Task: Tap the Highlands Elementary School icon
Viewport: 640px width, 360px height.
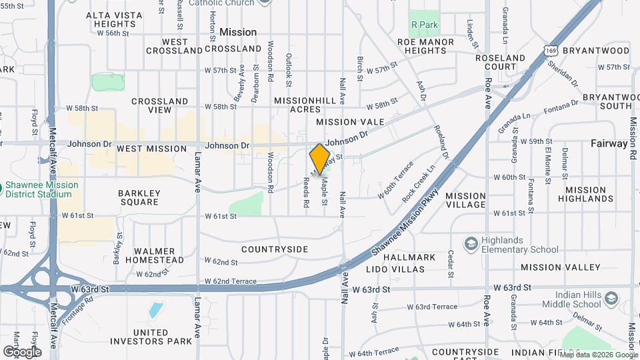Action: [472, 243]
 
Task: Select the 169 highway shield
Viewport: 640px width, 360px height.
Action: [550, 50]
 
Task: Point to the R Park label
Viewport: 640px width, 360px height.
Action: [424, 24]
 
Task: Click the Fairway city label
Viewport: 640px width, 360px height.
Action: [609, 143]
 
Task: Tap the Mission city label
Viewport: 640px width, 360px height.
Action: [238, 32]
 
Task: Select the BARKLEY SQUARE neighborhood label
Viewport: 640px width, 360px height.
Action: [138, 197]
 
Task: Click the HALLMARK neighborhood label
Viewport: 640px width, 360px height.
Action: [410, 257]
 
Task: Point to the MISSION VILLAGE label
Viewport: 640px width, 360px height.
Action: [465, 200]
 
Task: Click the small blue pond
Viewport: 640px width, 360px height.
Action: [155, 310]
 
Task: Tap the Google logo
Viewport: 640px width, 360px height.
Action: [22, 351]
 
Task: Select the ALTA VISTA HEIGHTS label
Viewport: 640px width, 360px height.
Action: [110, 19]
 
